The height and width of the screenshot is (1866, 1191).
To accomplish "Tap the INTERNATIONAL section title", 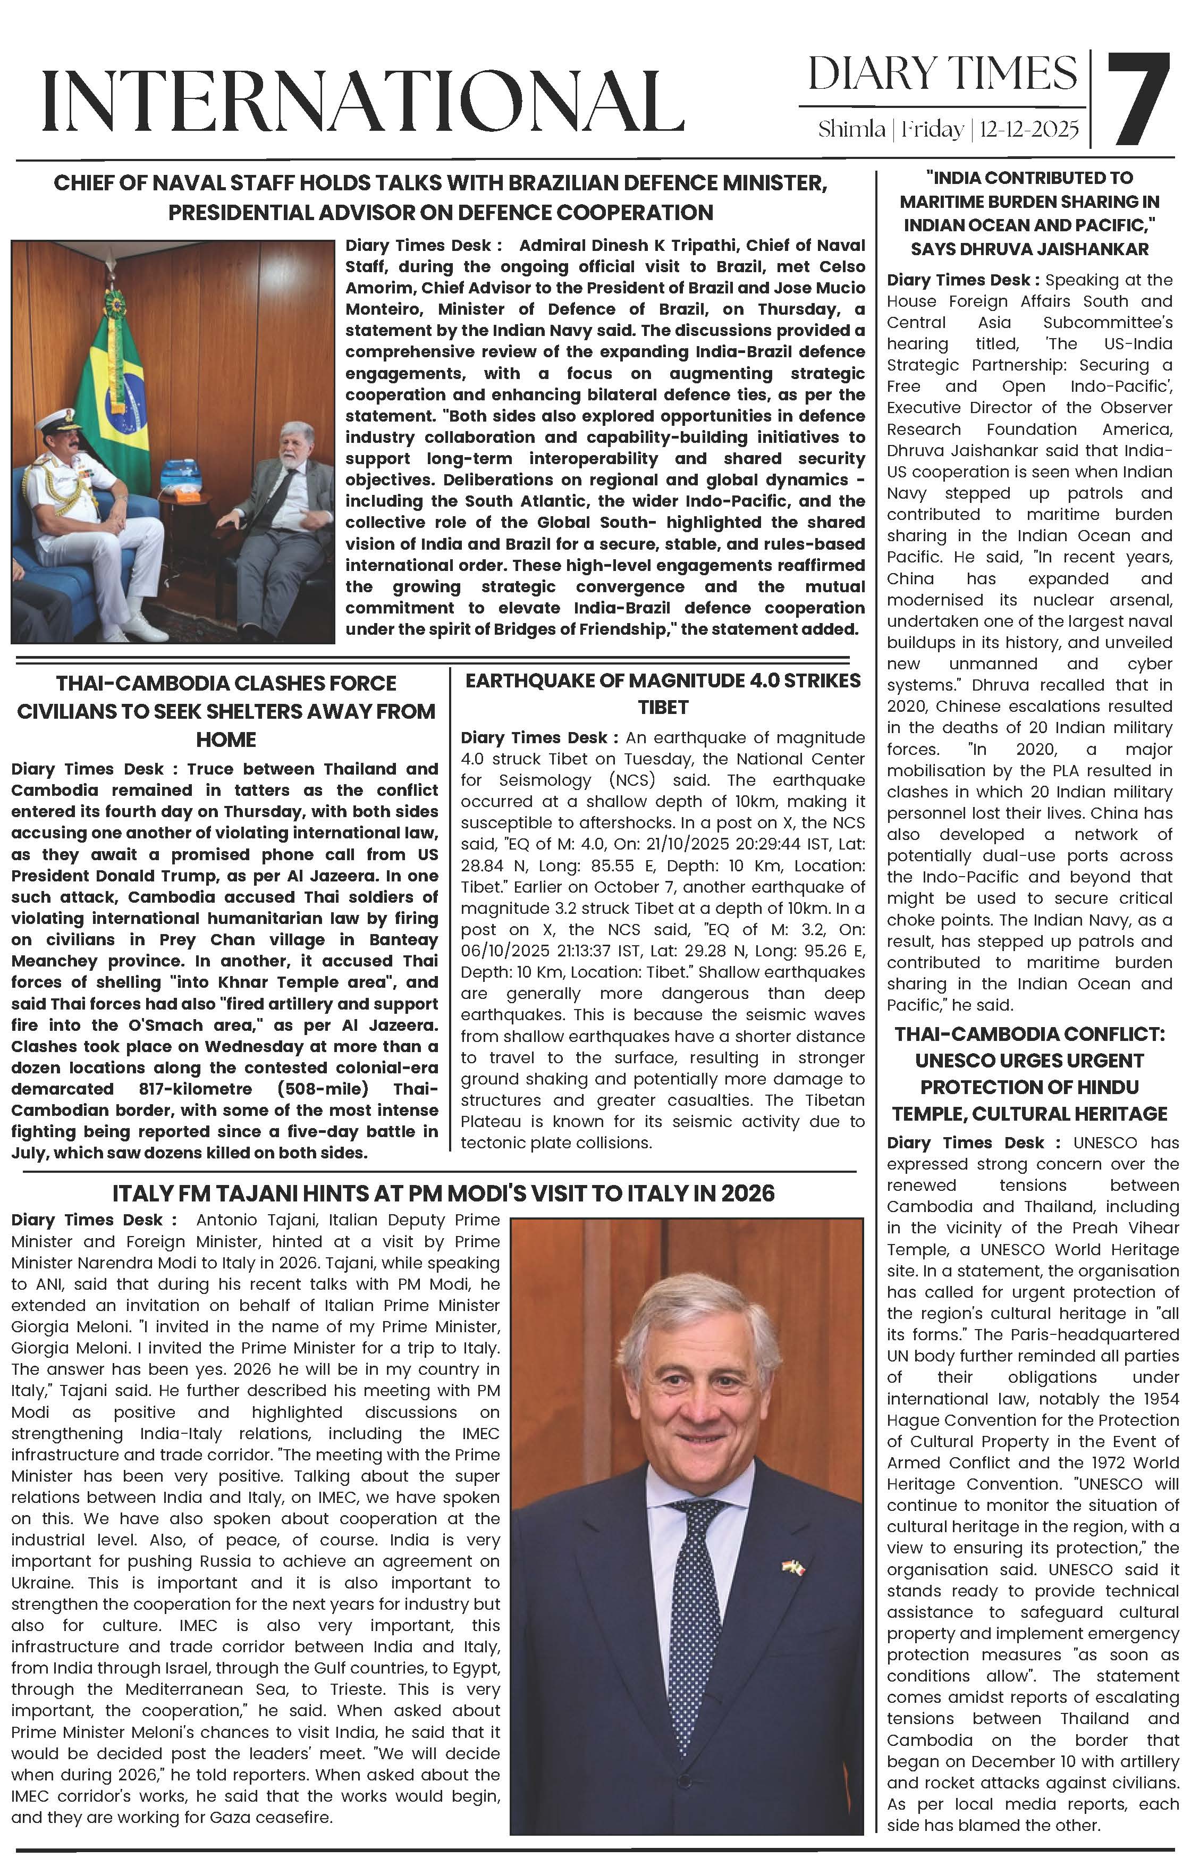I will (362, 100).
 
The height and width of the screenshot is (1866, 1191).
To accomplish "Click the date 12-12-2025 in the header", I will (1029, 129).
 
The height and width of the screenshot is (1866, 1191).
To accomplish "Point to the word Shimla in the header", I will (851, 129).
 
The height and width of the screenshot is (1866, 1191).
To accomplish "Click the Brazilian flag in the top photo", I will (116, 388).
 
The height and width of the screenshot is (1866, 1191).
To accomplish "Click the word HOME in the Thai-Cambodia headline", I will (225, 739).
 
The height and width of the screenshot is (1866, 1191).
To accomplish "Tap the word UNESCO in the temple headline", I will (951, 1061).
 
